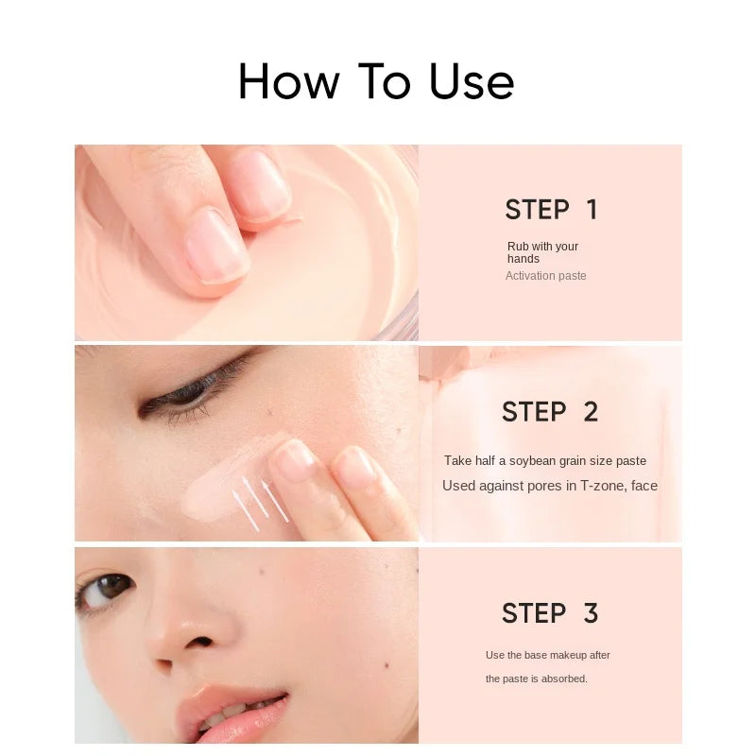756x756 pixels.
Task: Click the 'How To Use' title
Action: [x=376, y=81]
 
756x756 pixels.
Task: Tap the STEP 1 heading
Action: [x=551, y=210]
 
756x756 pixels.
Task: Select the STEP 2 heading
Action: [x=550, y=412]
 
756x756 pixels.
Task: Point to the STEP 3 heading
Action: [x=550, y=613]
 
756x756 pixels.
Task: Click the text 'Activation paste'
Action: [x=545, y=276]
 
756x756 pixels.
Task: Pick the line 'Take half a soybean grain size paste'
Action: [x=545, y=461]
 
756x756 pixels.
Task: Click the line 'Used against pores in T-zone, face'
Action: [x=550, y=486]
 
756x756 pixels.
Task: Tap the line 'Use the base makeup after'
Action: [x=548, y=655]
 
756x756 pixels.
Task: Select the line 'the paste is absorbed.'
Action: [x=537, y=679]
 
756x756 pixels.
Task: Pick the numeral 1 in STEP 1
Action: [x=592, y=210]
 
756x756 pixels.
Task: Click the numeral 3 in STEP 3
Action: [x=591, y=613]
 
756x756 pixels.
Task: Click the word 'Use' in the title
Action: [x=472, y=82]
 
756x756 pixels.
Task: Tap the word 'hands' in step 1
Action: [x=524, y=259]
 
